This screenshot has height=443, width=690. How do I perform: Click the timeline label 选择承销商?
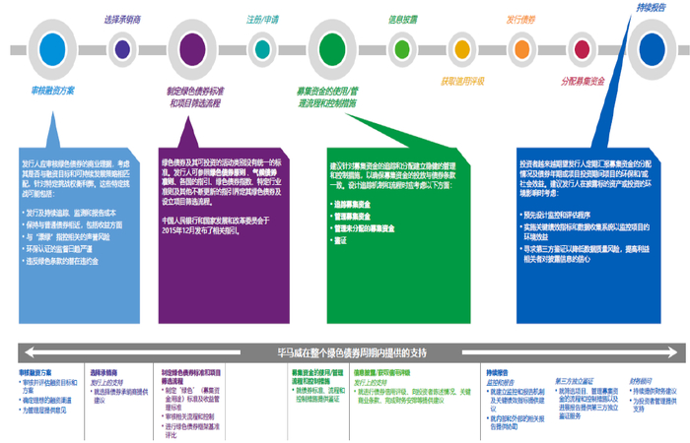point(121,19)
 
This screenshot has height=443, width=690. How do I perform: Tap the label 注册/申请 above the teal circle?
point(261,19)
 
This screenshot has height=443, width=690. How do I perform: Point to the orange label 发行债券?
point(520,19)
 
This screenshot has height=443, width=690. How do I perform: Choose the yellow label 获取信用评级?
point(461,82)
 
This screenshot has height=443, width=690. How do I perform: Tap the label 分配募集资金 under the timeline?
point(585,82)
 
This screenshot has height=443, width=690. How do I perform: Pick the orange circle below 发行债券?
point(521,47)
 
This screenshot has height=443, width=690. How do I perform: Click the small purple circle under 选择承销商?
point(122,47)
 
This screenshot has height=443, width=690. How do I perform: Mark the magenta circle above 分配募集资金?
point(584,47)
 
